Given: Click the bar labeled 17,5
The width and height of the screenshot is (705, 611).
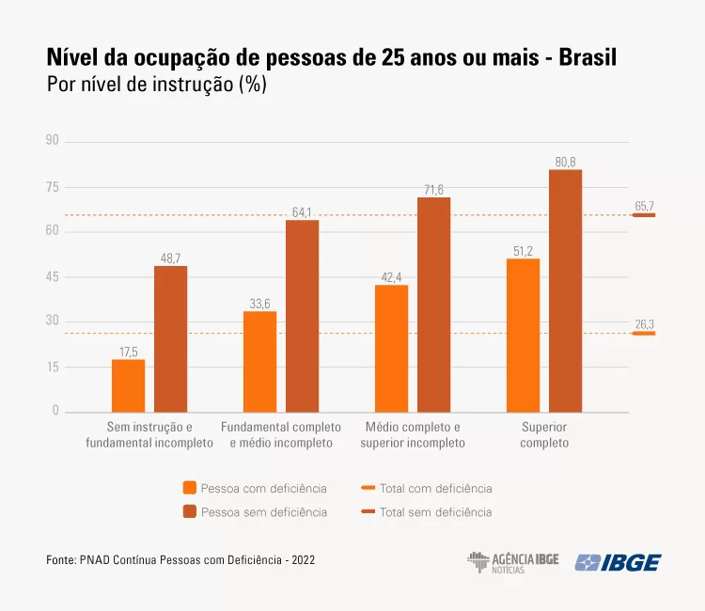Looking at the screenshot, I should pyautogui.click(x=128, y=385).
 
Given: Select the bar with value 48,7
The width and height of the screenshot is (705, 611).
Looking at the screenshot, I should pyautogui.click(x=170, y=338).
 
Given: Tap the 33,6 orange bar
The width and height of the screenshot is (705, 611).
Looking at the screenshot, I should pyautogui.click(x=259, y=361).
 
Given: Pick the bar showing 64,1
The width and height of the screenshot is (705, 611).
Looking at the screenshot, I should pyautogui.click(x=302, y=315).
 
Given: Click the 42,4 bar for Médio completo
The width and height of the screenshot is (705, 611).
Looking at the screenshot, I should pyautogui.click(x=391, y=348).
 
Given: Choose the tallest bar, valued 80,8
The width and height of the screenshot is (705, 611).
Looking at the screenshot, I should pyautogui.click(x=566, y=290).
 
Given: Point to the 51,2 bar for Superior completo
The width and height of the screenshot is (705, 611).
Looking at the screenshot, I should pyautogui.click(x=523, y=335).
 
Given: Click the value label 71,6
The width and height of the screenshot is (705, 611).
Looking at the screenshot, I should pyautogui.click(x=433, y=190).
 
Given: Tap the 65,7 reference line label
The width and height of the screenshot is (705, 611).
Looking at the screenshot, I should pyautogui.click(x=645, y=206).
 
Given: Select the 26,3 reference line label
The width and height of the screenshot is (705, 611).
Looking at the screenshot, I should pyautogui.click(x=645, y=324).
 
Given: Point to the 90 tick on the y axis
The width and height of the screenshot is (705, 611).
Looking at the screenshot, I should pyautogui.click(x=52, y=141).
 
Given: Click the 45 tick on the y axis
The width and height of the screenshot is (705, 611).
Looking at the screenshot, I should pyautogui.click(x=52, y=276).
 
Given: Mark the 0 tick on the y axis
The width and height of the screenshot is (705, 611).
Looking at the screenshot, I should pyautogui.click(x=55, y=411).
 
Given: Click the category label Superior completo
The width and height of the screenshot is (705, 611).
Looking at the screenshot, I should pyautogui.click(x=544, y=435).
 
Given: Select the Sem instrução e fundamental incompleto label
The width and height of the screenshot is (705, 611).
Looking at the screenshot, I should pyautogui.click(x=149, y=435).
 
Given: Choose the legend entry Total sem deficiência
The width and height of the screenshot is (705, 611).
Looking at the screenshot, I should pyautogui.click(x=435, y=512).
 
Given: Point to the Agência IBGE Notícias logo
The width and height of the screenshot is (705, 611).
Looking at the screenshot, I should pyautogui.click(x=512, y=562).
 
